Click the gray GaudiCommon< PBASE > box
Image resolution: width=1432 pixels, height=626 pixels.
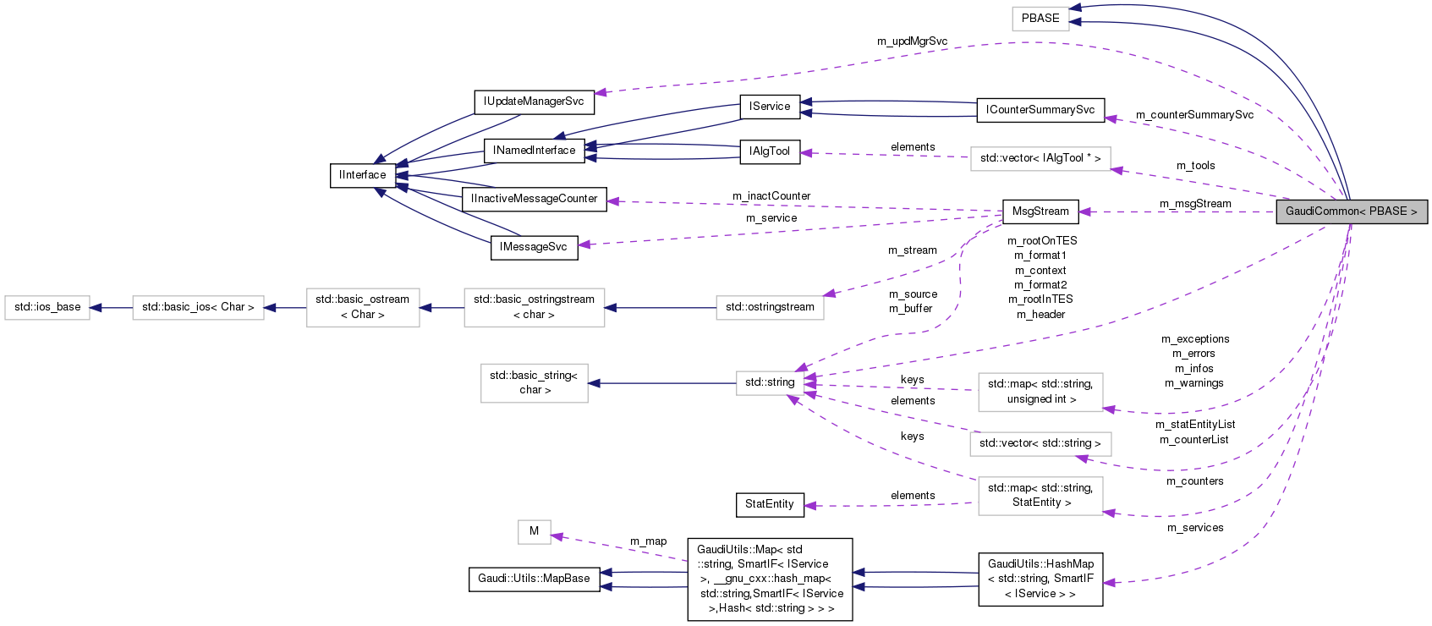pos(1351,211)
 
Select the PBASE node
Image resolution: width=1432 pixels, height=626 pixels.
pos(1040,18)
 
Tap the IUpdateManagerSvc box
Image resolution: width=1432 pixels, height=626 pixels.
pos(534,102)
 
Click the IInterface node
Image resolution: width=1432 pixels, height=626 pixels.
pos(363,175)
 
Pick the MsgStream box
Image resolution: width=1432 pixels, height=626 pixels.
pos(1040,211)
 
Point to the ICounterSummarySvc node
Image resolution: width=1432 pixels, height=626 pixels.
pos(1040,110)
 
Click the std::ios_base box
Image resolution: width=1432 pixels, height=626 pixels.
pos(47,307)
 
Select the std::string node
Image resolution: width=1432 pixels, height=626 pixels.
pos(770,382)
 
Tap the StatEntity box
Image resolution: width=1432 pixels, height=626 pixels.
pos(770,504)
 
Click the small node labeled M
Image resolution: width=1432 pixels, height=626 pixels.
pos(534,531)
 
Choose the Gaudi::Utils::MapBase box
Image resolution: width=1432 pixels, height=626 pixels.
pos(534,579)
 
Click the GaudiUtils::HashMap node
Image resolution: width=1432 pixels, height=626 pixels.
pos(1040,579)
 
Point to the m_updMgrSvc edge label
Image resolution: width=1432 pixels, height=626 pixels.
pos(912,41)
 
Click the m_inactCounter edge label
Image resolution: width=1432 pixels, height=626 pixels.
pos(771,196)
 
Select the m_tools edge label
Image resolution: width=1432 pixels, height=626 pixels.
pos(1195,166)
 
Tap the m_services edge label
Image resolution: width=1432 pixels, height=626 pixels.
pos(1195,528)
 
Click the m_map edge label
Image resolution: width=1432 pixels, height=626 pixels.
pos(648,541)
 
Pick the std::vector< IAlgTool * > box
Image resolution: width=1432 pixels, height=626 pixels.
pos(1040,158)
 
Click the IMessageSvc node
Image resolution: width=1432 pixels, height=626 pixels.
pos(534,247)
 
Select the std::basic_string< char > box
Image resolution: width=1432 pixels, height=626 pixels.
pos(534,382)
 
